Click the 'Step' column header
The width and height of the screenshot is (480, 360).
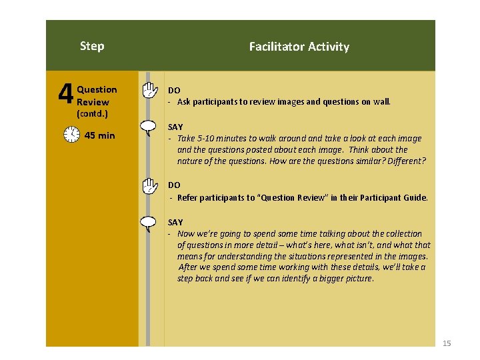point(91,46)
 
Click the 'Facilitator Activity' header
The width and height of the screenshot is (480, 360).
point(299,47)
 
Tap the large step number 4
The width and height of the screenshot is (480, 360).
point(65,95)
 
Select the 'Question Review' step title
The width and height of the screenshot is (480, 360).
point(97,96)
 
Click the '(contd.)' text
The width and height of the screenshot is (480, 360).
point(92,114)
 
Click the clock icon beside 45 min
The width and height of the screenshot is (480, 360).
point(71,135)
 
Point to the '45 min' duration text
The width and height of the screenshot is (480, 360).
point(100,136)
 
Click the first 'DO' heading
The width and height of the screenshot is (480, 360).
point(174,90)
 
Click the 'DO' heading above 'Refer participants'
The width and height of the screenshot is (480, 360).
point(174,185)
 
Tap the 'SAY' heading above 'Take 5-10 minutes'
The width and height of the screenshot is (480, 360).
point(175,127)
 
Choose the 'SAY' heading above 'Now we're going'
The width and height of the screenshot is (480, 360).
point(175,222)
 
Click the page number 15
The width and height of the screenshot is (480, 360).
point(447,343)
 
